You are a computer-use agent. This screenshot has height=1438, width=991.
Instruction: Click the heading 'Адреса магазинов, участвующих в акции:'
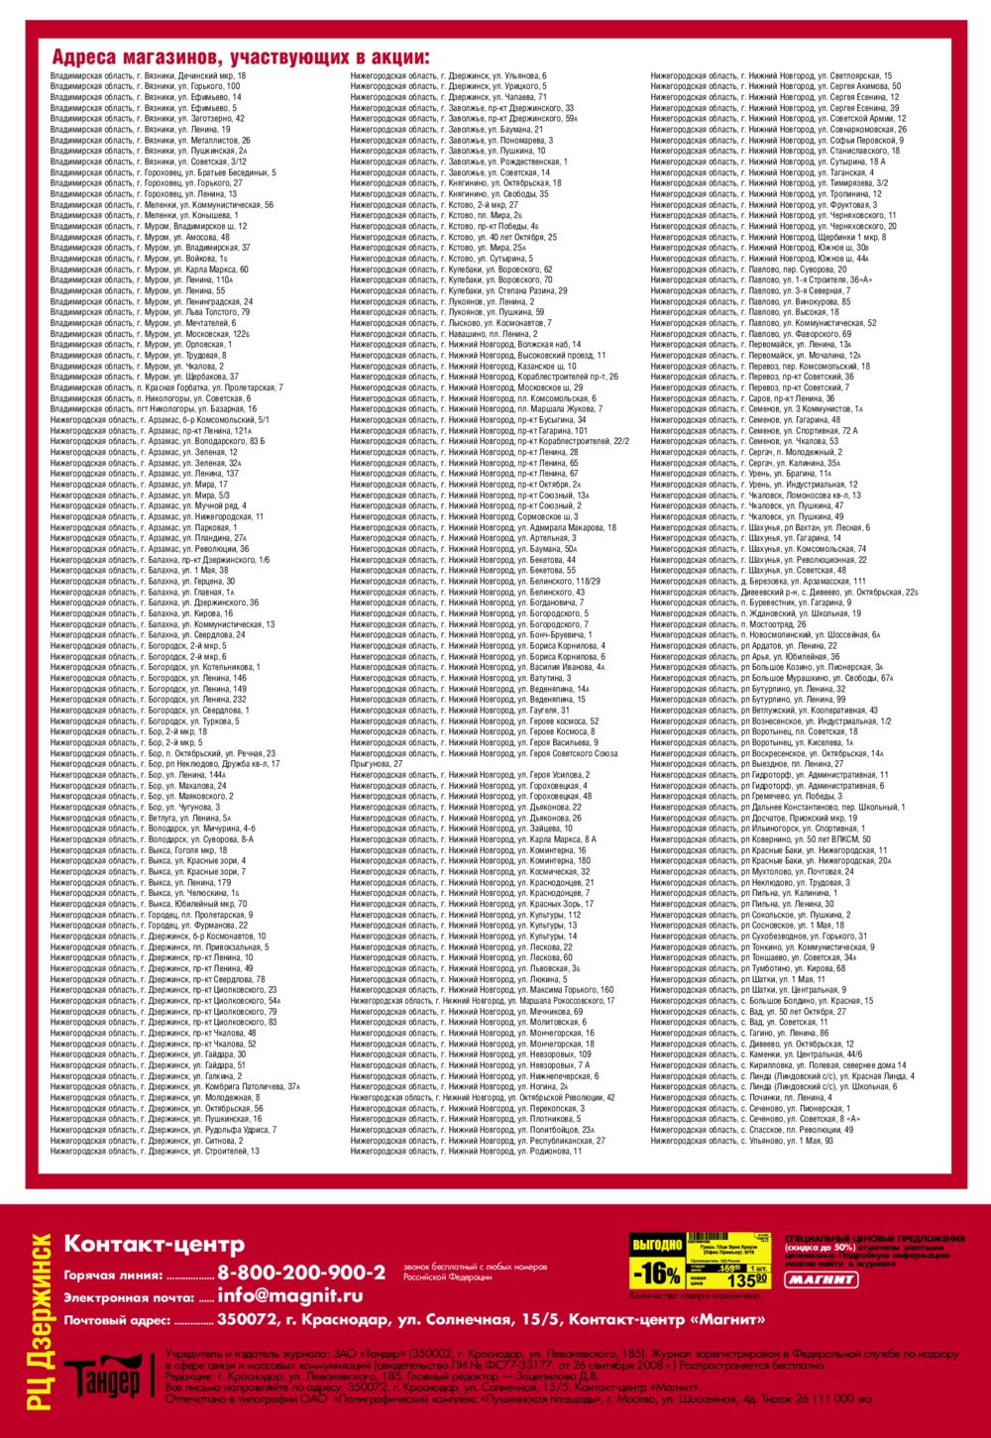tap(241, 56)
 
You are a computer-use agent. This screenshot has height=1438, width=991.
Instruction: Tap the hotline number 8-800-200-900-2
tap(301, 1272)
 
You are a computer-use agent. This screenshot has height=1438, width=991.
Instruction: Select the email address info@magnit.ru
tap(289, 1295)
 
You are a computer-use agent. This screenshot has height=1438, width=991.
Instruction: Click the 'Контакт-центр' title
tap(154, 1244)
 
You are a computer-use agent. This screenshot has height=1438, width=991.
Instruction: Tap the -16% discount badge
tap(656, 1273)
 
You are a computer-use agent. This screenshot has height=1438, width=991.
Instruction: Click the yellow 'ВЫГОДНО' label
tap(656, 1245)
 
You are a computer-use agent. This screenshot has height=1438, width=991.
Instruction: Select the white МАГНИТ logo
tap(821, 1279)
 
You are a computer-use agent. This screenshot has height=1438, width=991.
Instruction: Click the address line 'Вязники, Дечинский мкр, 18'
tap(149, 75)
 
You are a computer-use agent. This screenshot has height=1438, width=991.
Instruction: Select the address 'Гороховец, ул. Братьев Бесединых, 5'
tap(164, 172)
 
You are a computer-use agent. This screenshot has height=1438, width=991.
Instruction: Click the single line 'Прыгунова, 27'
tap(377, 764)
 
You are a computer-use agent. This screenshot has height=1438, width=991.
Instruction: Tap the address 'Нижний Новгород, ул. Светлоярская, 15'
tap(771, 75)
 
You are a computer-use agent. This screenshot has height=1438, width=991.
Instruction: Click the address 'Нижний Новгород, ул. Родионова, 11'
tap(466, 1152)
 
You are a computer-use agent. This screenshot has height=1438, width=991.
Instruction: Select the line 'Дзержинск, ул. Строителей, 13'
tap(155, 1152)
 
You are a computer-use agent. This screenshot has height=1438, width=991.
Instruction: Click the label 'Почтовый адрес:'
tap(118, 1321)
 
